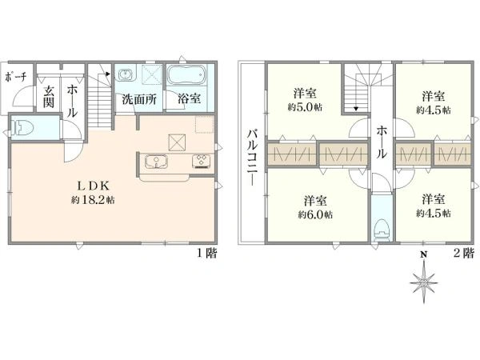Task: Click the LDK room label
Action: click(93, 186)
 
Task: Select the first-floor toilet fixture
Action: click(21, 128)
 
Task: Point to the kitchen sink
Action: click(157, 162)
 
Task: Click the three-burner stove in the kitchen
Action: click(202, 161)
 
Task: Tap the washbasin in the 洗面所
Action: click(126, 74)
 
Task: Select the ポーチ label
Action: click(16, 78)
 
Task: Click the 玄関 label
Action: click(48, 97)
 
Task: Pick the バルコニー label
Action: click(253, 158)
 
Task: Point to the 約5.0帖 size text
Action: click(305, 107)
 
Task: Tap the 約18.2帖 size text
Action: click(93, 200)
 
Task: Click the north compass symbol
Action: click(424, 283)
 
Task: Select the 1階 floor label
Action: click(206, 253)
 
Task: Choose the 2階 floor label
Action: click(463, 253)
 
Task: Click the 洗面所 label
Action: click(139, 99)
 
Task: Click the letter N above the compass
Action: click(424, 254)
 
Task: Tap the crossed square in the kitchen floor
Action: click(178, 142)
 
